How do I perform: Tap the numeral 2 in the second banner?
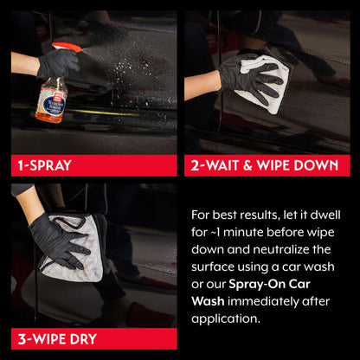(x=196, y=164)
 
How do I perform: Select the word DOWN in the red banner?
(x=321, y=164)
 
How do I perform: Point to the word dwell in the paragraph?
(x=330, y=213)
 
